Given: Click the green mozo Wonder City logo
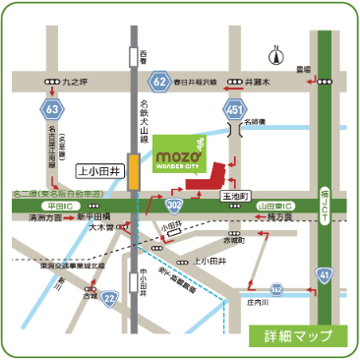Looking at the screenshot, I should [x=181, y=156].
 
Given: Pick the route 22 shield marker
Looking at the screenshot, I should [x=108, y=298].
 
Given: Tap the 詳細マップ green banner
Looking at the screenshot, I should [x=297, y=335].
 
